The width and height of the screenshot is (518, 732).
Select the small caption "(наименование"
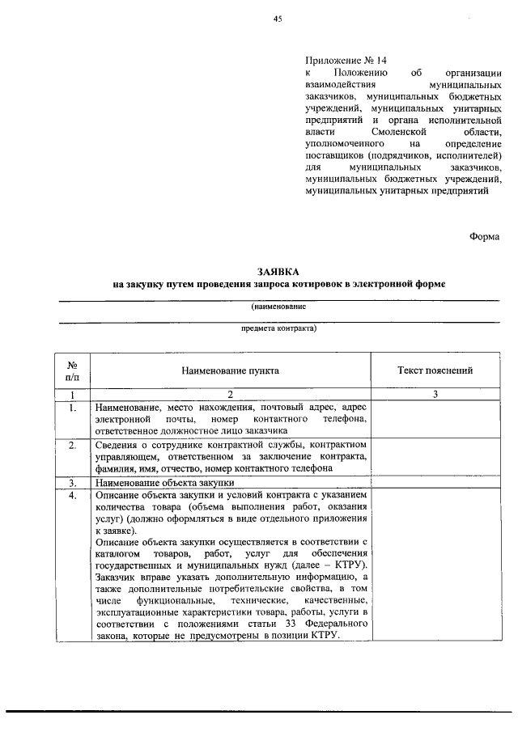click(x=278, y=307)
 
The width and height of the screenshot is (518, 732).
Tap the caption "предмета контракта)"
click(x=278, y=329)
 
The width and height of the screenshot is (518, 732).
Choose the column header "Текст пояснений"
click(x=435, y=370)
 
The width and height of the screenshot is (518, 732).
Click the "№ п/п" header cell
click(x=72, y=370)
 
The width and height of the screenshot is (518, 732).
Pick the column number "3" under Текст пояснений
click(x=435, y=395)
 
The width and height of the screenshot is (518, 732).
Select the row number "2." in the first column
click(x=72, y=446)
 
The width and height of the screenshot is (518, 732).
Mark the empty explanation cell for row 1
click(x=435, y=420)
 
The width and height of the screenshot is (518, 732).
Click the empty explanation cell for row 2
click(x=435, y=457)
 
